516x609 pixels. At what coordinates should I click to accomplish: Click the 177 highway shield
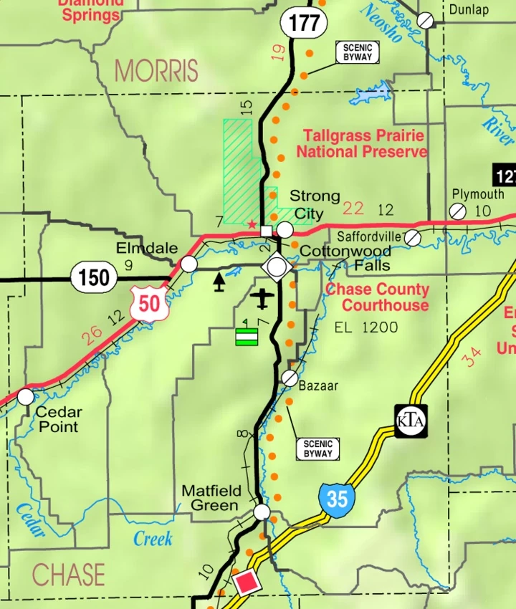click(304, 22)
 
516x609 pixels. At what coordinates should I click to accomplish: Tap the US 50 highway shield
click(149, 304)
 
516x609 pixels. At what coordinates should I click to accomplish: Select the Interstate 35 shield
click(337, 497)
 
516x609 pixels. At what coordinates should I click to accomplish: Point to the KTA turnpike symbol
click(411, 421)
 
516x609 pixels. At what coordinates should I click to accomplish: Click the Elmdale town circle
click(188, 264)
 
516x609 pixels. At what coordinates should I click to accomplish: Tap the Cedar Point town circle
click(26, 395)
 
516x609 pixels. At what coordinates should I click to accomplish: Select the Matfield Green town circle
click(262, 512)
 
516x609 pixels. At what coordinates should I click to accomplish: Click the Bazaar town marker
click(290, 378)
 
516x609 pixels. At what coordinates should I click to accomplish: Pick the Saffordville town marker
click(413, 237)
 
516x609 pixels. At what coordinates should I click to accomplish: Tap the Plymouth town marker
click(457, 211)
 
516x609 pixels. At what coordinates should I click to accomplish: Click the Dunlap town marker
click(426, 20)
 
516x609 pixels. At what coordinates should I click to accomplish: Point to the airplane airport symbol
click(264, 297)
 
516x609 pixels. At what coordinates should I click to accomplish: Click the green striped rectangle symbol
click(247, 336)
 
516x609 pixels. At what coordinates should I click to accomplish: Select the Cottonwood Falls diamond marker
click(277, 267)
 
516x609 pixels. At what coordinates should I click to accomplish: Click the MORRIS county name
click(156, 71)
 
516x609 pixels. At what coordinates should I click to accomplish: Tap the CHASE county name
click(69, 575)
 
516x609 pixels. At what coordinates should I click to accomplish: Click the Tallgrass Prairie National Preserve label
click(363, 143)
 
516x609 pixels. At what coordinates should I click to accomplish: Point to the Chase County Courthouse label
click(378, 297)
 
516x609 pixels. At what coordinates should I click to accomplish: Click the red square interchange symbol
click(246, 582)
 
